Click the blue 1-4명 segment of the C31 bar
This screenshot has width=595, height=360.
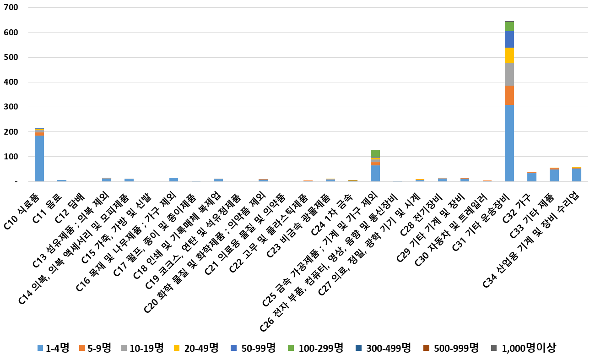coord(509,143)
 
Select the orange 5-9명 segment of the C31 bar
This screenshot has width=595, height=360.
coord(509,95)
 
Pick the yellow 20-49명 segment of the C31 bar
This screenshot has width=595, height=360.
coord(509,55)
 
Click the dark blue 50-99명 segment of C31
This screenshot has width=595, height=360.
coord(509,39)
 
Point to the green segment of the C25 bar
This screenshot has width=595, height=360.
coord(375,153)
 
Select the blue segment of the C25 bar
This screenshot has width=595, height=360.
coord(375,174)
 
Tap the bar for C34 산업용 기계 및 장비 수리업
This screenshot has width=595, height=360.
coord(576,175)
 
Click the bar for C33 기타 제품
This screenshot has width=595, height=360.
coord(554,175)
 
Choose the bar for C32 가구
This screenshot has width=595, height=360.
coord(531,177)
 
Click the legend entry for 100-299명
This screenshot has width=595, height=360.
coord(316,348)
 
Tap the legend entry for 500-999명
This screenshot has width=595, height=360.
coord(451,348)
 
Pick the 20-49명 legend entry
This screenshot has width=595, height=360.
coord(196,348)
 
